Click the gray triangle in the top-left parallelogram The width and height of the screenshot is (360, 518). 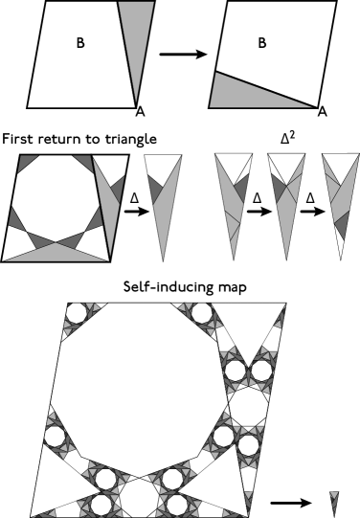pyautogui.click(x=128, y=48)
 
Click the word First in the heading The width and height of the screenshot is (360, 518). pyautogui.click(x=21, y=140)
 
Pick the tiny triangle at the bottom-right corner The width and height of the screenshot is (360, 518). pyautogui.click(x=333, y=500)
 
